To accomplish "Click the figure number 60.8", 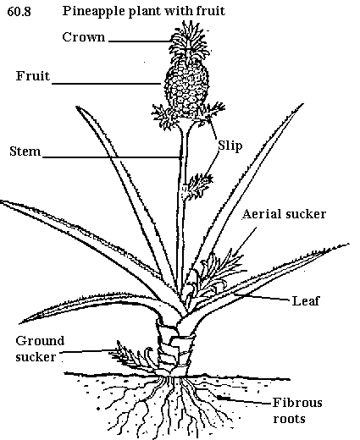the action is click(x=19, y=12).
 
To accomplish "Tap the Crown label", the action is click(x=84, y=37).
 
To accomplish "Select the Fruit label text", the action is click(x=33, y=76).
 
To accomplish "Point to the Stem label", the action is click(x=25, y=151).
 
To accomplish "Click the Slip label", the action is click(x=230, y=146).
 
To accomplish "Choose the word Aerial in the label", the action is click(x=261, y=214).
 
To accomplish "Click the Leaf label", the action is click(x=305, y=301).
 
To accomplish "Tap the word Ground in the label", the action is click(x=40, y=341).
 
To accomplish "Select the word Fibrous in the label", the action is click(x=297, y=403).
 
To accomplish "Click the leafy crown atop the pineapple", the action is click(x=189, y=40).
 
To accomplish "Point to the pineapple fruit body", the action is click(x=186, y=86).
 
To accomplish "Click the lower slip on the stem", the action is click(x=197, y=187).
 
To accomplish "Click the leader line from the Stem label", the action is click(x=112, y=157).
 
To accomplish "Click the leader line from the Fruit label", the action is click(x=107, y=84).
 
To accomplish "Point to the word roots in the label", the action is click(x=289, y=419).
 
